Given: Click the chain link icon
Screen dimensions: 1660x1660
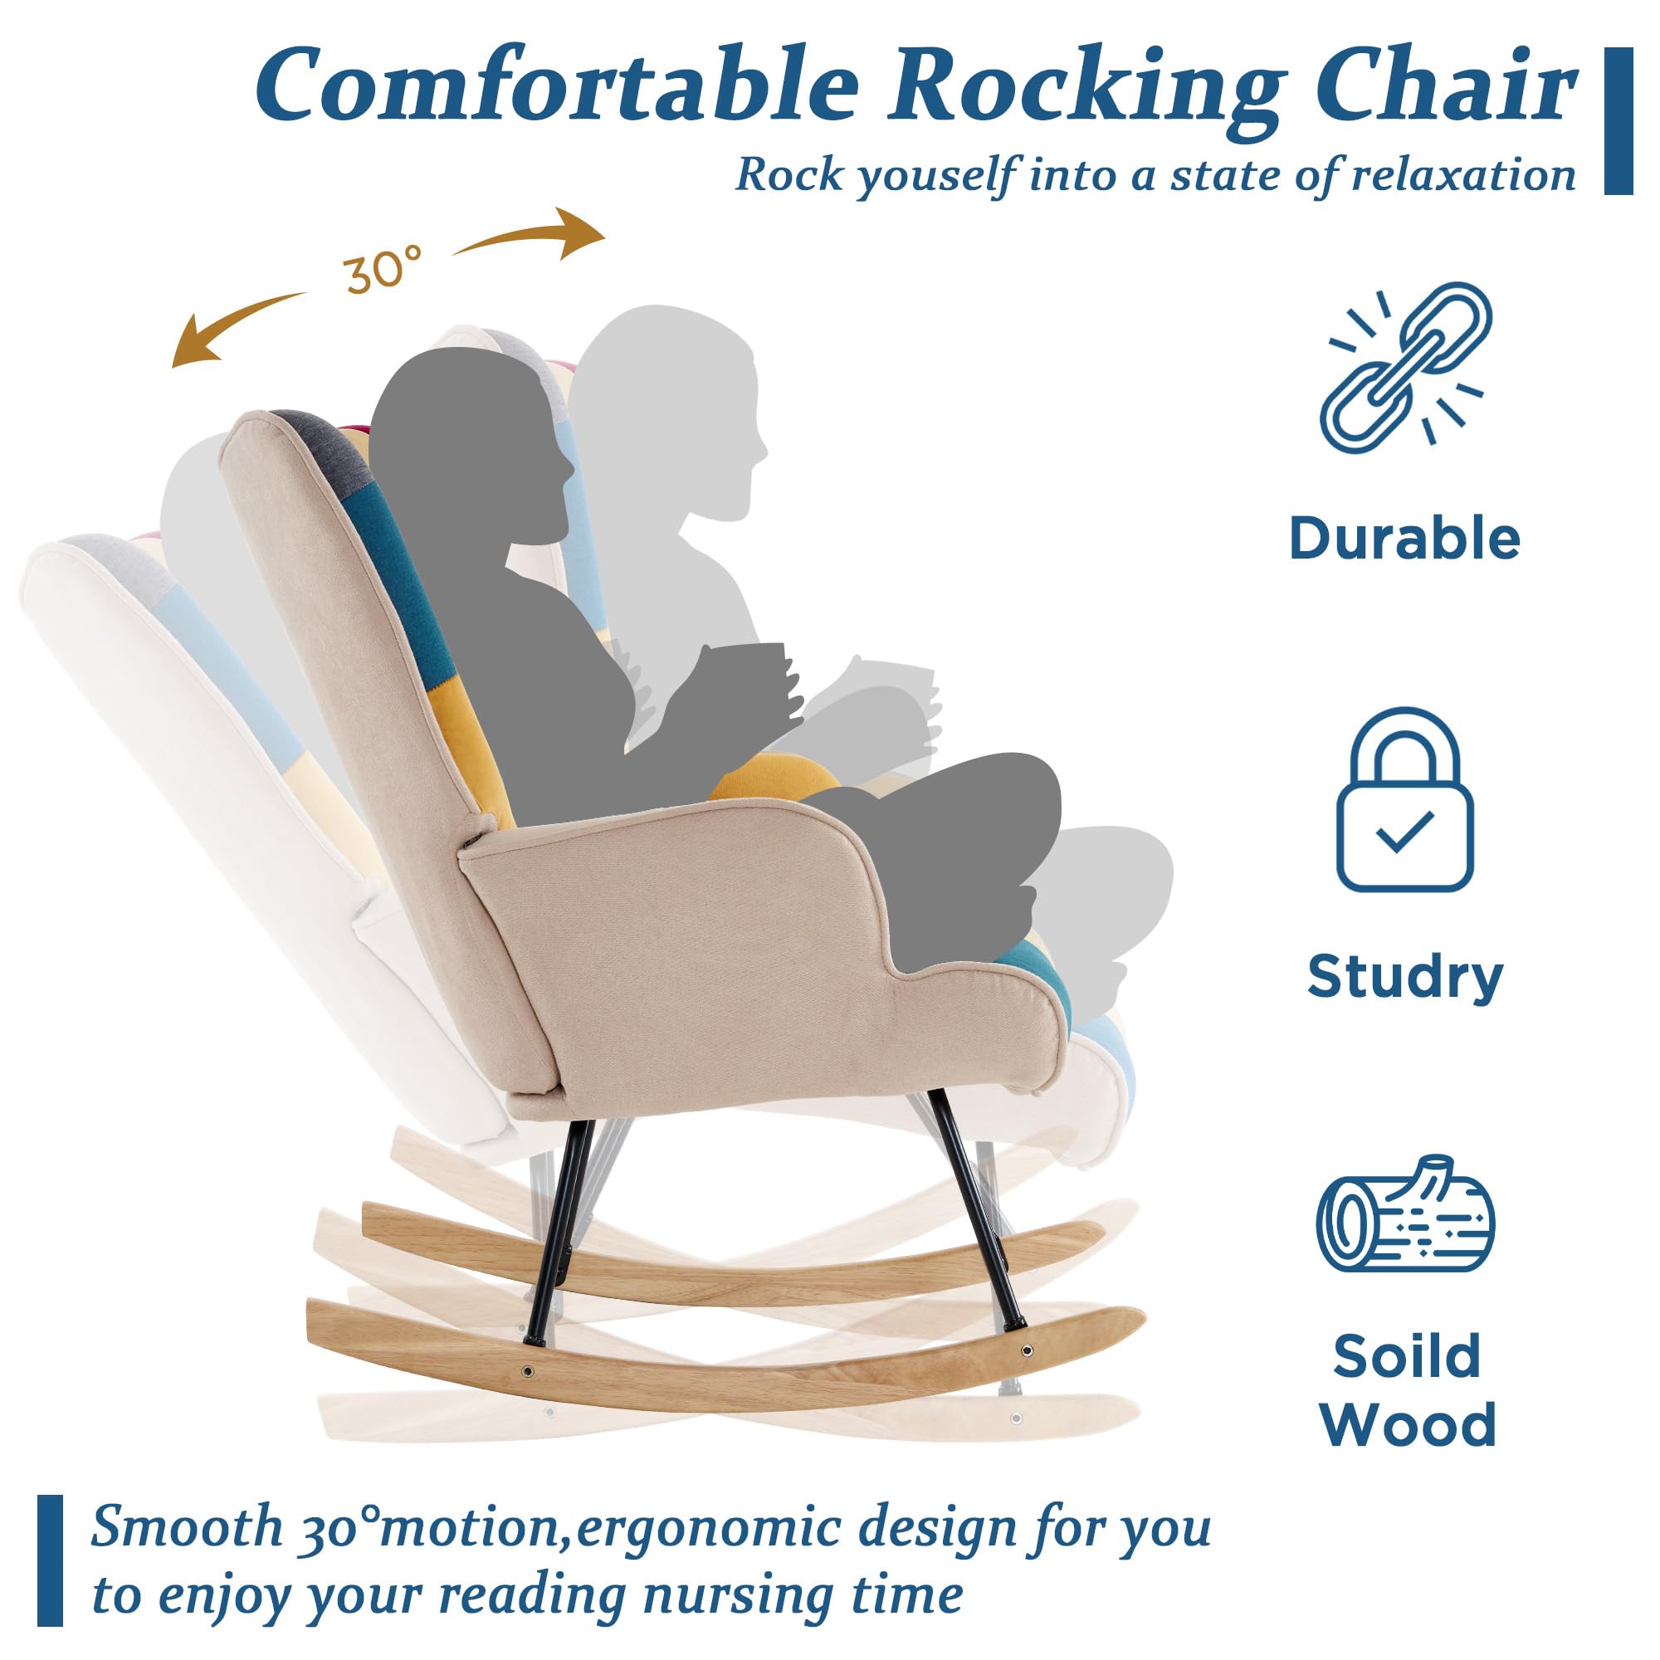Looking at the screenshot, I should click(x=1406, y=367).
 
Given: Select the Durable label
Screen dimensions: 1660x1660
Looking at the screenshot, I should click(x=1405, y=539).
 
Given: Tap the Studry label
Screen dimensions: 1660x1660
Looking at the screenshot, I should click(x=1405, y=977).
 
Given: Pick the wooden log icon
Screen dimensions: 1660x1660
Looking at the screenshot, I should click(x=1406, y=1216).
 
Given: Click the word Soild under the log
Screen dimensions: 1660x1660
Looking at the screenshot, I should click(x=1407, y=1356).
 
